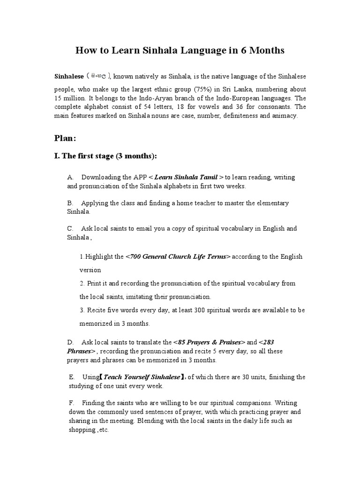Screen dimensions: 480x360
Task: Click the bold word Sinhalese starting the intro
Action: click(x=69, y=76)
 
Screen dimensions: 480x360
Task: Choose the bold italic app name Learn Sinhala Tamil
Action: click(x=186, y=177)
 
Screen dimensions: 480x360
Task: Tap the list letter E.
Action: click(x=71, y=377)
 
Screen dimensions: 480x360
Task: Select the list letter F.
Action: click(x=71, y=403)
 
